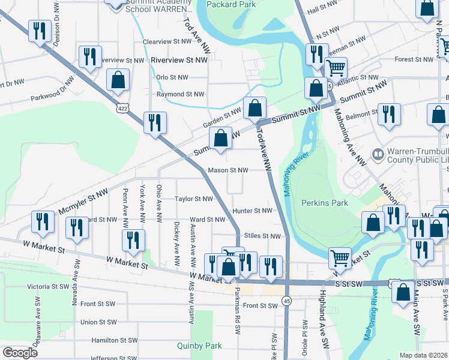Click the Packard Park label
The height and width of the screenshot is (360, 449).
pos(231,4)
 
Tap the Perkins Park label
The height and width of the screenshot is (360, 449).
pos(325,203)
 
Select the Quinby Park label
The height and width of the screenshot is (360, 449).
pos(199,346)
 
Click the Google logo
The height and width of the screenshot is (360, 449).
pos(20,353)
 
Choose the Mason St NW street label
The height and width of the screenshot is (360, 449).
pos(228,170)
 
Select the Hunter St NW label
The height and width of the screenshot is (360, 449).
pos(253,211)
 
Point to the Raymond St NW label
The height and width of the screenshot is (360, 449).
pos(180,94)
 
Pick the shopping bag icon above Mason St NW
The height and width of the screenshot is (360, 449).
pos(221,139)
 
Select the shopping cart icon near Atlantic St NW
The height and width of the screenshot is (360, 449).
pos(336,68)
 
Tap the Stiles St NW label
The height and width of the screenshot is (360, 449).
pos(263,236)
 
